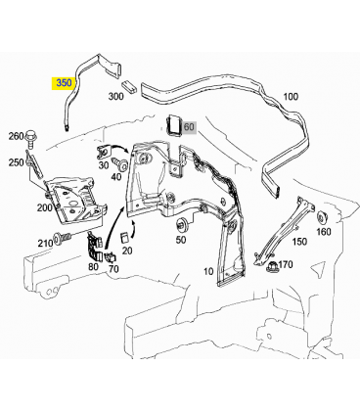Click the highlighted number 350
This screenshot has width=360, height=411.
click(64, 83)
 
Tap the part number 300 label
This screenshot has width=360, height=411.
click(115, 96)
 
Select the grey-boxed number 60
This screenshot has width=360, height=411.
click(189, 126)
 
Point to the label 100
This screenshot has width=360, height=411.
click(291, 97)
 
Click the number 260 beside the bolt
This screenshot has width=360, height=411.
click(16, 136)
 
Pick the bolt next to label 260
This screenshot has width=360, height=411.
click(31, 137)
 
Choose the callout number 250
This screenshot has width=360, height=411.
click(16, 162)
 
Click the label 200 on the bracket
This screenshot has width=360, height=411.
click(44, 207)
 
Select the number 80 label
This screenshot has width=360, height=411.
click(93, 266)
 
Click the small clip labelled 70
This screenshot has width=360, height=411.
click(110, 257)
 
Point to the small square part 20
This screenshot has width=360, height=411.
click(124, 238)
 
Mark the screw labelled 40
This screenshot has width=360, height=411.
click(119, 164)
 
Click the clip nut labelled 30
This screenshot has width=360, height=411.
click(105, 153)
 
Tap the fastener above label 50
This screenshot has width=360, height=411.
click(180, 225)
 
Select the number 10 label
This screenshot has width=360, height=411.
click(208, 271)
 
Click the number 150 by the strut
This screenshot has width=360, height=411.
click(299, 242)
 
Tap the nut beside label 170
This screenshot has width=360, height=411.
click(272, 267)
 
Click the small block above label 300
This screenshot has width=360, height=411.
click(130, 86)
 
